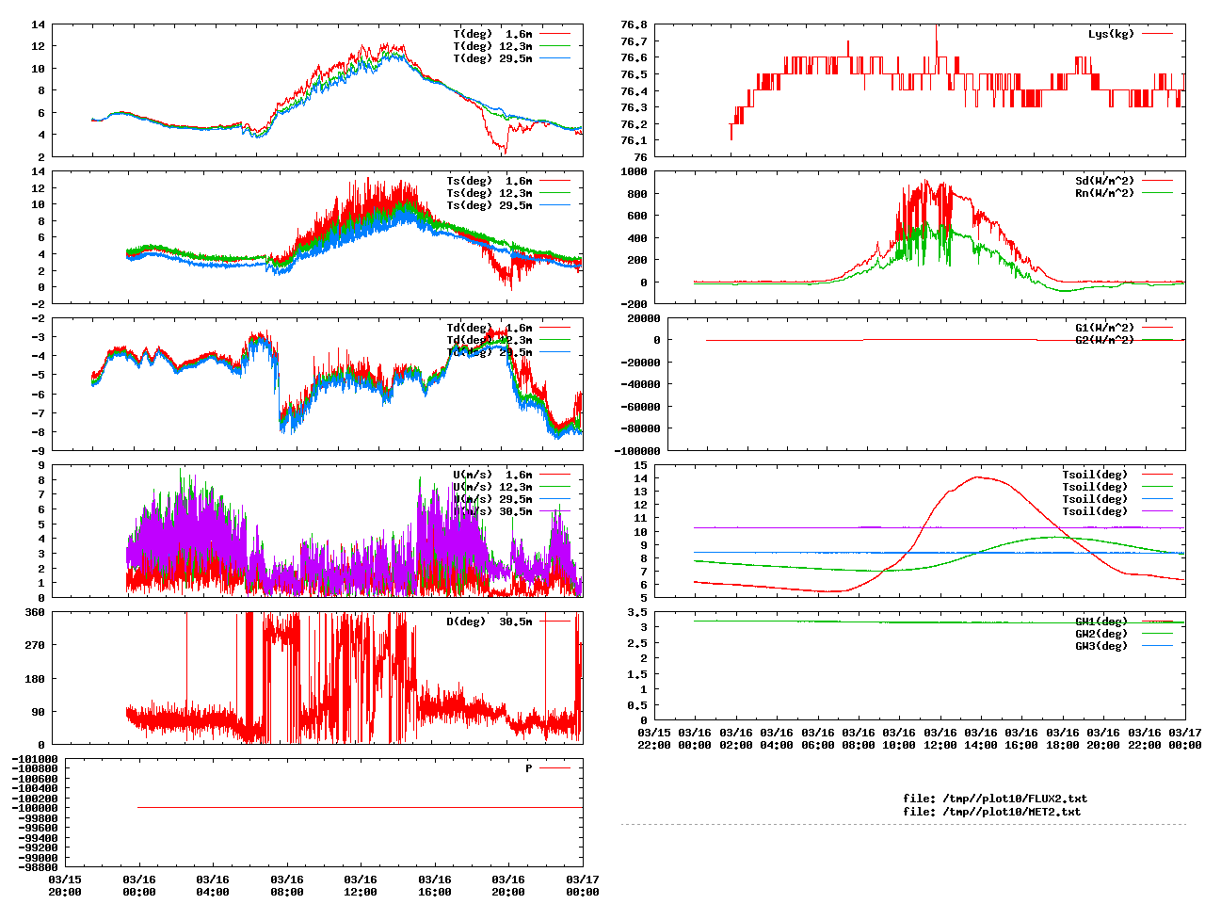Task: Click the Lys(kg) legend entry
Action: click(x=1111, y=34)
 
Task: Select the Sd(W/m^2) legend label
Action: click(x=1104, y=181)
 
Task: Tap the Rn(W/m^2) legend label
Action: click(x=1104, y=193)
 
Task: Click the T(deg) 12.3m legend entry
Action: click(x=492, y=46)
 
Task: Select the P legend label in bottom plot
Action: click(x=529, y=768)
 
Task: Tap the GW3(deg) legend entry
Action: click(x=1101, y=646)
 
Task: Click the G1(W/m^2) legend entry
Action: click(x=1104, y=328)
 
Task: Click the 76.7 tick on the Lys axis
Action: click(x=634, y=41)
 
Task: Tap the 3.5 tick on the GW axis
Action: click(x=637, y=612)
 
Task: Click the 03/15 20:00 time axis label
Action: click(x=65, y=886)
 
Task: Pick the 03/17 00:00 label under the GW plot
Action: click(x=1184, y=738)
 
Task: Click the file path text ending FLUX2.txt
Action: click(x=994, y=799)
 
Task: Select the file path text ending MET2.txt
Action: click(x=991, y=812)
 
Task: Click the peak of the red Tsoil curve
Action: click(x=979, y=476)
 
